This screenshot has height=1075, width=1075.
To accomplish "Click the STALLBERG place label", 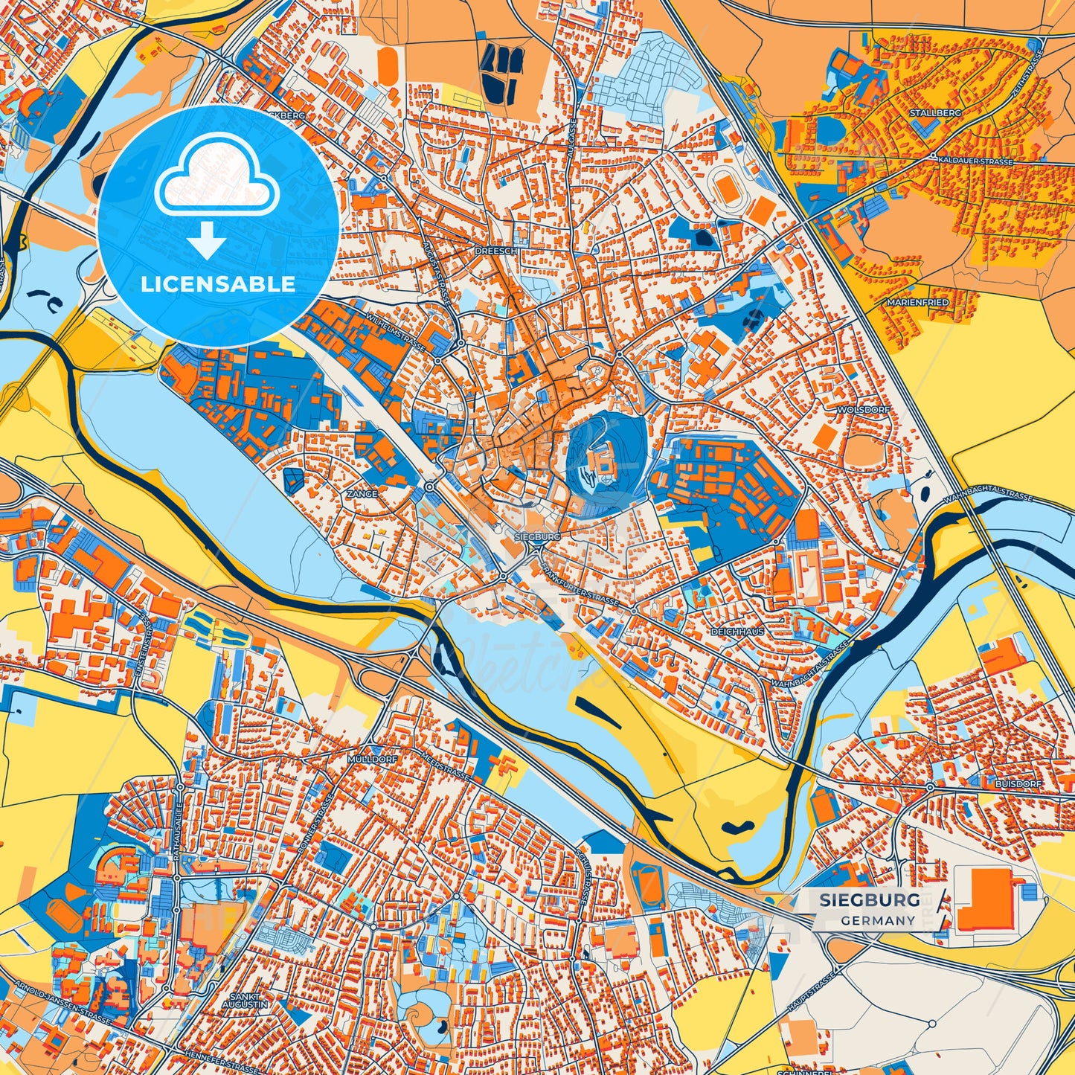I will click(935, 112).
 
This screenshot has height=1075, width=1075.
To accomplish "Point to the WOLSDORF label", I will click(853, 410).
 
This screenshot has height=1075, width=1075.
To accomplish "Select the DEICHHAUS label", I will click(737, 631).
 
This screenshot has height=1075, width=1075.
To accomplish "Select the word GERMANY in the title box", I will click(878, 920).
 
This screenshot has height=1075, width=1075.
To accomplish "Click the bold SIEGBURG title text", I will click(869, 900).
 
